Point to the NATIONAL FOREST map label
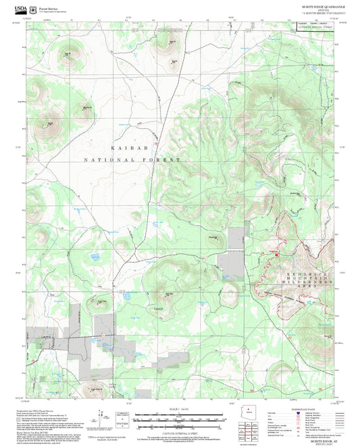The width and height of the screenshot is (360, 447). point(132,160)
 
